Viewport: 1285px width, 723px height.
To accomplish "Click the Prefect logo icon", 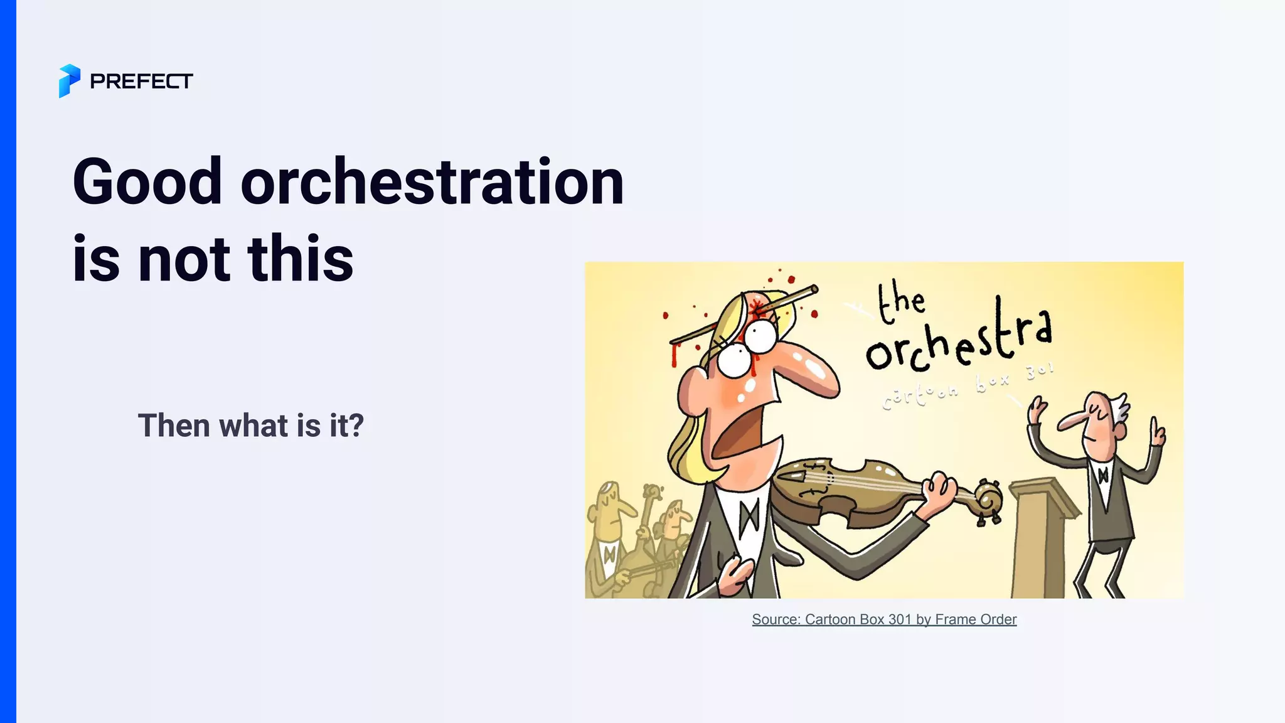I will tap(69, 81).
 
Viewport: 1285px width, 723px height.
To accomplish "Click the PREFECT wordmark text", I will tap(141, 82).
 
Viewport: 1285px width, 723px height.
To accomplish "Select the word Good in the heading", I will tap(148, 182).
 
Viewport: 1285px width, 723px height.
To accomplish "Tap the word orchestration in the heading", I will tap(432, 182).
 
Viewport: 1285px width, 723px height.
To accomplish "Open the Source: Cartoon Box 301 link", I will tap(883, 619).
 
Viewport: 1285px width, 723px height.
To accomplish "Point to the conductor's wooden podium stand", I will tap(1038, 540).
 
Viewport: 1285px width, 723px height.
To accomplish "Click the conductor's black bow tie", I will tap(1102, 475).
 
